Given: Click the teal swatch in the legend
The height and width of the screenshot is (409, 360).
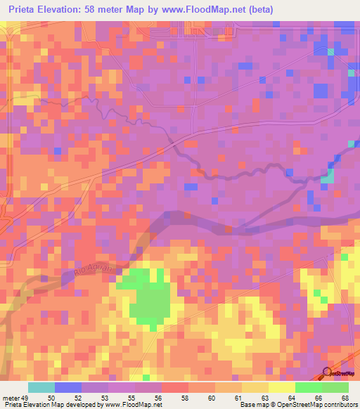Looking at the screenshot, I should tap(41, 387).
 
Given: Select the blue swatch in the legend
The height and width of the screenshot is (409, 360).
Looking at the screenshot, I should tap(68, 387).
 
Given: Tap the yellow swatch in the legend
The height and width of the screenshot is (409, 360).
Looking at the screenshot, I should tap(282, 387).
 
